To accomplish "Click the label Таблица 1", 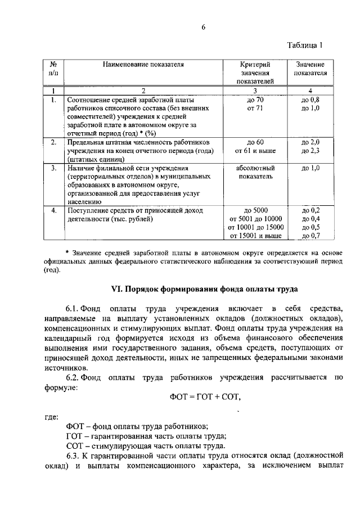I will [x=305, y=46].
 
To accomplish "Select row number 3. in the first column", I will [x=52, y=168].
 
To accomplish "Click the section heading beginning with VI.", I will [x=204, y=289].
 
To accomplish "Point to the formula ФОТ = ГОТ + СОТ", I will [x=205, y=397].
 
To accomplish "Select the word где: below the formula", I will [x=52, y=417].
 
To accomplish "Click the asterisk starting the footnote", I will [x=67, y=251].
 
